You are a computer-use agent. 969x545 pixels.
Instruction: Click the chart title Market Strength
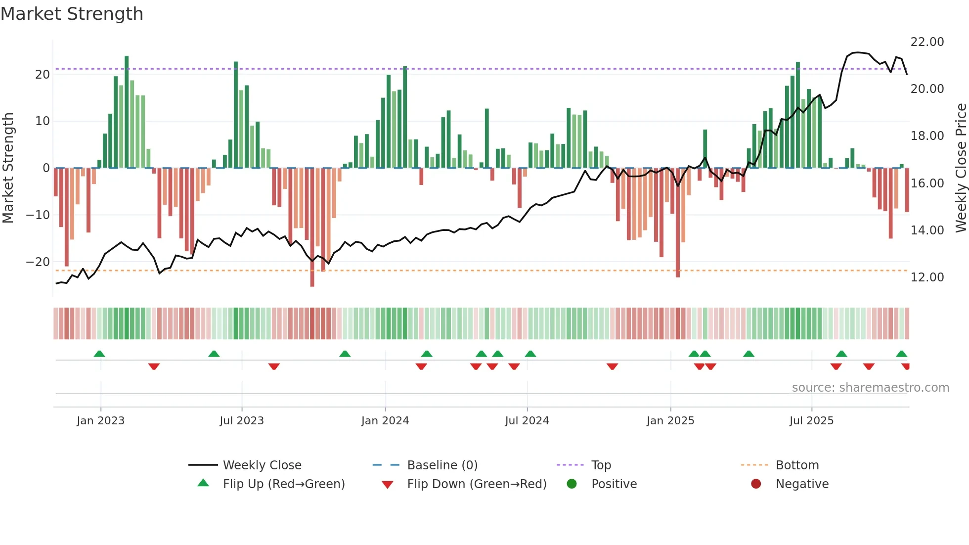72,14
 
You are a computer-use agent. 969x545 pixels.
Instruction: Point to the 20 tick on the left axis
43,74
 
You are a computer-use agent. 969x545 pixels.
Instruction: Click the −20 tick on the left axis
38,262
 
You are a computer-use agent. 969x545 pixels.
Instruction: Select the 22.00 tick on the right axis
927,42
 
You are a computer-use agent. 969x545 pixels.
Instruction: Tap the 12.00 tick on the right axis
927,277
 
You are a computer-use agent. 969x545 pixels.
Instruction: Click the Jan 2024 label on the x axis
385,421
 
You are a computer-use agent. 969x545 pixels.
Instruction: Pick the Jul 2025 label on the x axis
811,421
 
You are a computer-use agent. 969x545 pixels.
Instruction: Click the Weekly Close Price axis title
961,168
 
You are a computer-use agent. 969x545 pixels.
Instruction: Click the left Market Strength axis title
8,168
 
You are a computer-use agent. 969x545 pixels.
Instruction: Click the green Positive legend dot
572,484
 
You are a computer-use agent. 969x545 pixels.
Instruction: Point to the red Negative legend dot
755,484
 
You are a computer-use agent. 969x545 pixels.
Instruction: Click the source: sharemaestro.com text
870,388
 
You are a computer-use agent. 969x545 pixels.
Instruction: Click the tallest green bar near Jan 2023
127,112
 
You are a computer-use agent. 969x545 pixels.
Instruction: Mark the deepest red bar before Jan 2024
312,227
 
